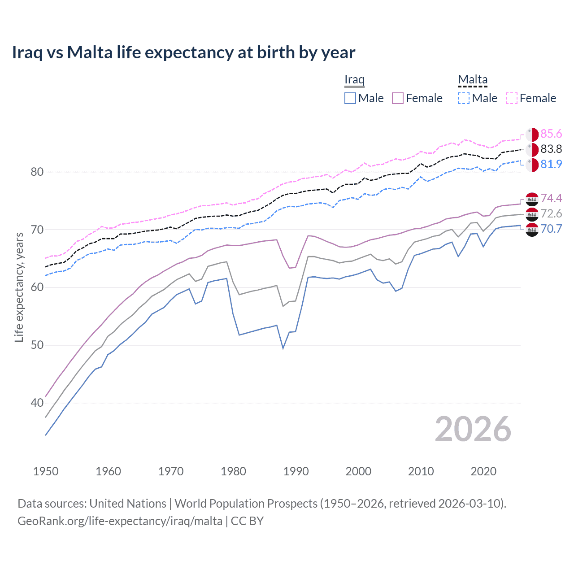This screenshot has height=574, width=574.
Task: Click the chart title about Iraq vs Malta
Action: (x=183, y=52)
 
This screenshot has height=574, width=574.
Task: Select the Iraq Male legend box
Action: (x=350, y=98)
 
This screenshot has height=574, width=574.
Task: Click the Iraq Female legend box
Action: (x=398, y=98)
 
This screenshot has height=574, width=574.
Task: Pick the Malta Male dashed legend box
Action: (x=464, y=98)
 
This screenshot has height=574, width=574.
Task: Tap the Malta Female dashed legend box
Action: (x=512, y=98)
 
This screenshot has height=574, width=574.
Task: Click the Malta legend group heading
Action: (x=473, y=79)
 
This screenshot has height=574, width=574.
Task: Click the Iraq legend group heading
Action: (x=354, y=79)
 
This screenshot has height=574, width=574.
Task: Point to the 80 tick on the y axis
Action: (x=37, y=172)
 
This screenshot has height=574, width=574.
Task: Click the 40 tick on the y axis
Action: (x=37, y=403)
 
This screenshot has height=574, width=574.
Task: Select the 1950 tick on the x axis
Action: (x=46, y=471)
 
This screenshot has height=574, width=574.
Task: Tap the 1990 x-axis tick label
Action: (x=296, y=471)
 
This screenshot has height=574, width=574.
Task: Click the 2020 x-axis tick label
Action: (x=483, y=471)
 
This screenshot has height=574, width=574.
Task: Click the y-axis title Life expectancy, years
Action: (x=19, y=287)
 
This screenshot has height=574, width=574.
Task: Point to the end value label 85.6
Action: (x=551, y=134)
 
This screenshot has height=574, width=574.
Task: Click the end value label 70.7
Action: (x=551, y=229)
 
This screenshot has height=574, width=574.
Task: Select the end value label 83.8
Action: (x=551, y=149)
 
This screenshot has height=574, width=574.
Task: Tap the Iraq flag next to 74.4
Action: (x=532, y=199)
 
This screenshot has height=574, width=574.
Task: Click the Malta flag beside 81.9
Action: (x=532, y=165)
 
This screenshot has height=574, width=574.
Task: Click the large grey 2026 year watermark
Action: (x=473, y=429)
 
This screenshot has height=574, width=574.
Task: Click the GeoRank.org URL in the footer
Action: (x=120, y=521)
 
